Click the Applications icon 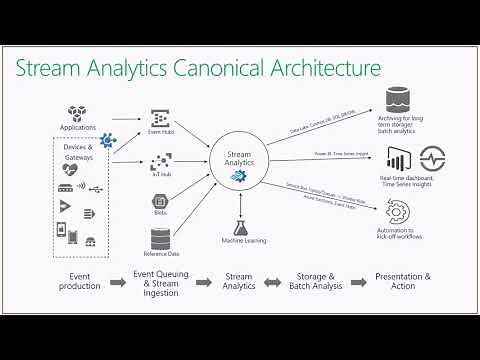click(x=78, y=114)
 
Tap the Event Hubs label click(x=162, y=131)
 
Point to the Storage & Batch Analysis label click(x=319, y=281)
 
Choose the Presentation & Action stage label click(x=402, y=281)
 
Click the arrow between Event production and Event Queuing click(x=119, y=283)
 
